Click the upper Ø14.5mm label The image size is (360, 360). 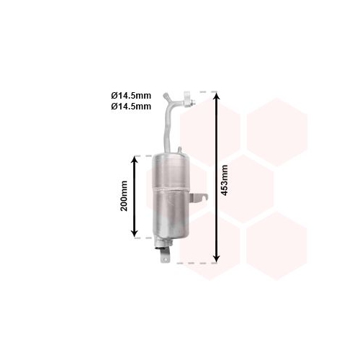coord(131,96)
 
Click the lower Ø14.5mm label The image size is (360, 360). coord(131,107)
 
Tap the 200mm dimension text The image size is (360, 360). coord(124,196)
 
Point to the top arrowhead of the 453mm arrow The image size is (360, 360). coord(217,96)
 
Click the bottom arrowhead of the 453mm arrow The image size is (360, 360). coord(217,258)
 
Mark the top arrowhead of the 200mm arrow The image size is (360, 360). coord(135,160)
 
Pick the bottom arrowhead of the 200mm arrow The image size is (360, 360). coord(135,233)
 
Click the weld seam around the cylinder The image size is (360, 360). coord(171,189)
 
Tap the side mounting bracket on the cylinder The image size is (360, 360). coord(198,198)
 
